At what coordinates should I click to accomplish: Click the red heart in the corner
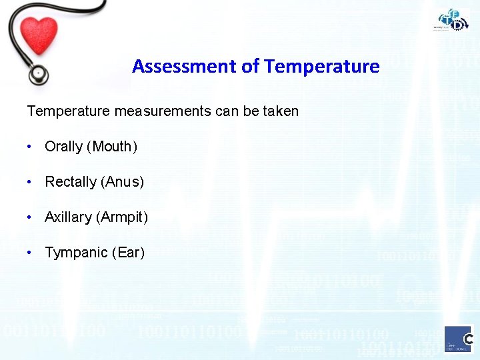click(39, 34)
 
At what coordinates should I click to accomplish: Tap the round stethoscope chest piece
click(39, 71)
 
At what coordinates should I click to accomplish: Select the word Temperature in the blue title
click(322, 67)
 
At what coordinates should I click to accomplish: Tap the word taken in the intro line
click(280, 111)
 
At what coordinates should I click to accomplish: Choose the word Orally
click(63, 147)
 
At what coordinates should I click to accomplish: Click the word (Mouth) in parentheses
click(112, 147)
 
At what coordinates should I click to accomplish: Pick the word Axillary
click(68, 217)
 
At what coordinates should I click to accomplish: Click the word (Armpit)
click(122, 217)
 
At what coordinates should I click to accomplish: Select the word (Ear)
click(128, 253)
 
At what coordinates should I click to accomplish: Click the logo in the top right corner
click(453, 19)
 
